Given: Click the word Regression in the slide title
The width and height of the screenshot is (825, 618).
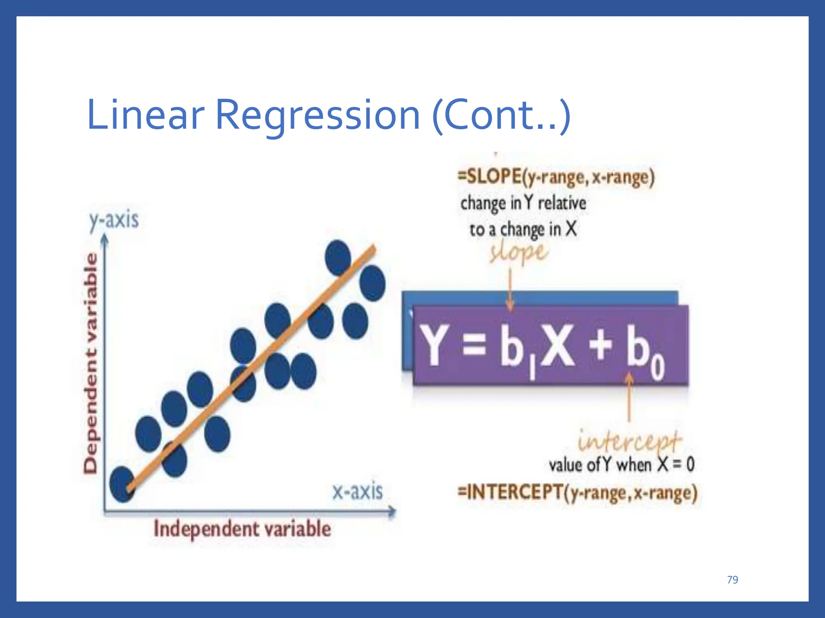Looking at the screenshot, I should pyautogui.click(x=317, y=116).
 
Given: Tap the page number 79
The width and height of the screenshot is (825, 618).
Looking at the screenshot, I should pyautogui.click(x=732, y=580).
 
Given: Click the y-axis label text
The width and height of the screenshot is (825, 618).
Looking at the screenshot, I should pyautogui.click(x=114, y=220).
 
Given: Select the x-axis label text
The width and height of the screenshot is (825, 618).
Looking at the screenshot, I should pyautogui.click(x=357, y=491).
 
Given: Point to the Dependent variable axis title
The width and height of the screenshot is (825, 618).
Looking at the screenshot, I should pyautogui.click(x=91, y=362).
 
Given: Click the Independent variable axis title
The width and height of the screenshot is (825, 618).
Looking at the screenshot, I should pyautogui.click(x=242, y=529).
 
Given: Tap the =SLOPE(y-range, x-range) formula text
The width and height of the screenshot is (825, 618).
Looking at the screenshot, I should pyautogui.click(x=556, y=177).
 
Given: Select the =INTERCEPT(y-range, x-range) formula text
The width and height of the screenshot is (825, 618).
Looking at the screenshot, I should pyautogui.click(x=577, y=493).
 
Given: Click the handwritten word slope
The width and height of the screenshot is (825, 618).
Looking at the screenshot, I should pyautogui.click(x=519, y=253).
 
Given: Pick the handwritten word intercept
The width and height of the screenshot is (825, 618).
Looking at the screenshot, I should pyautogui.click(x=629, y=441).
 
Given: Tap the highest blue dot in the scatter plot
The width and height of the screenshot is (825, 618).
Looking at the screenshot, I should pyautogui.click(x=338, y=257).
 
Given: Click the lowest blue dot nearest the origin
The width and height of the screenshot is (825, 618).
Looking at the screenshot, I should pyautogui.click(x=122, y=484).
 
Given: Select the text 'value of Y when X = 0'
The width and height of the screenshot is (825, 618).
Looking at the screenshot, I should pyautogui.click(x=622, y=465).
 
